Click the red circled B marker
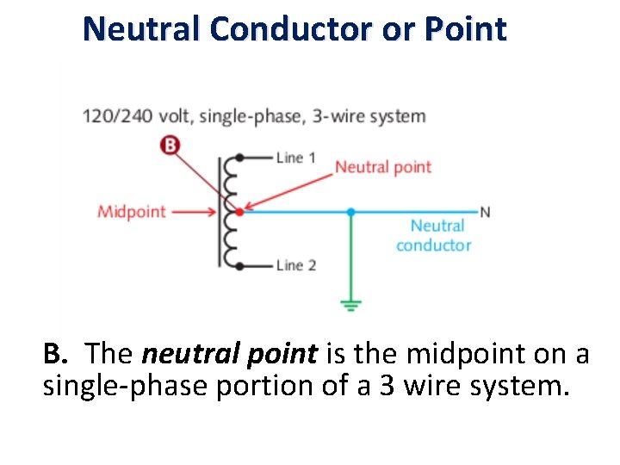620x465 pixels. point(170,145)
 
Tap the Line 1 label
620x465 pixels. point(295,158)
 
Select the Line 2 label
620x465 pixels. point(295,264)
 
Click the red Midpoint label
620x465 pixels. point(131,211)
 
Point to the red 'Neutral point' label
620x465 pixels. point(382,167)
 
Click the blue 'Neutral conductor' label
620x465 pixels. point(434,235)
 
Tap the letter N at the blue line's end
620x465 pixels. point(485,212)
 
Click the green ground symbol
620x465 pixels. point(350,305)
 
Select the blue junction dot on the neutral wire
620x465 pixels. point(350,211)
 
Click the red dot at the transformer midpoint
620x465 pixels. point(239,211)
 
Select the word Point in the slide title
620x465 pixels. point(466,30)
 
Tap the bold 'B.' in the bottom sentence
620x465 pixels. point(56,353)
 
